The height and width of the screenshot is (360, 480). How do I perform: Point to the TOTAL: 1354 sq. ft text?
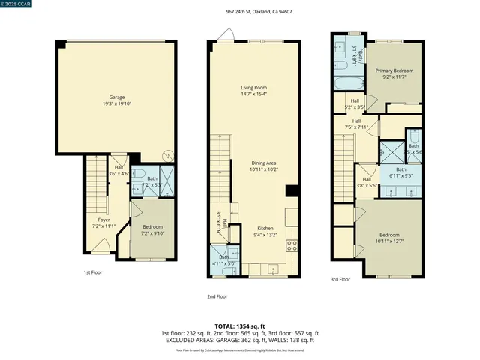coord(239,326)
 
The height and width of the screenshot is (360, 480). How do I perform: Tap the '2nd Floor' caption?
coord(217,296)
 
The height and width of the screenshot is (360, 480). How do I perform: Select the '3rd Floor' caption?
coord(340,279)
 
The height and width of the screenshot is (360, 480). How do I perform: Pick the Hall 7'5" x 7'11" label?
coord(356,124)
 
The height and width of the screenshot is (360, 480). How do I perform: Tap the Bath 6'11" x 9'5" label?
coord(401,172)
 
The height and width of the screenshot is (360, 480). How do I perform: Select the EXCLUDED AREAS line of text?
coord(239,340)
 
